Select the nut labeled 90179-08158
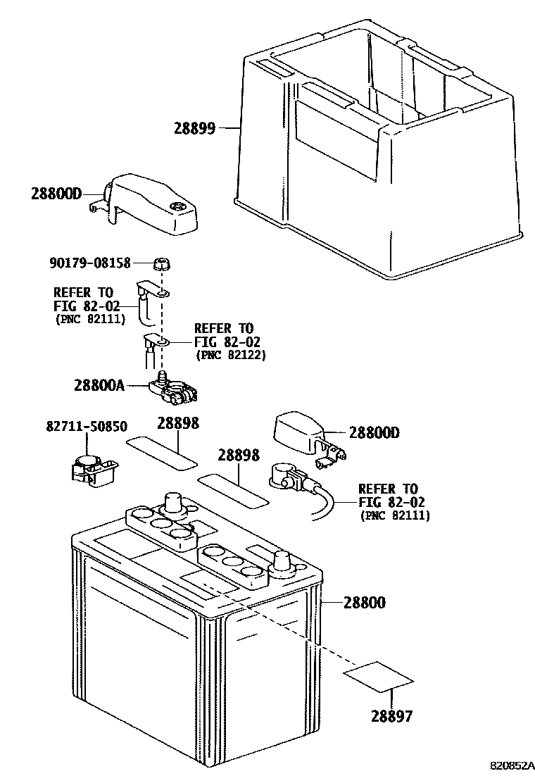point(160,265)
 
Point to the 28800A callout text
point(99,385)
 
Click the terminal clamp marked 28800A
point(175,391)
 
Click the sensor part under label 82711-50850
point(92,470)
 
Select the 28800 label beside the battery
point(364,603)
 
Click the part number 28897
point(392,716)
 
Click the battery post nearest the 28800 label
point(282,560)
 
